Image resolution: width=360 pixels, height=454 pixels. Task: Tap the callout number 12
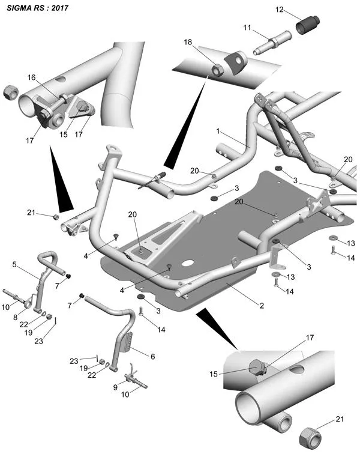coord(280,10)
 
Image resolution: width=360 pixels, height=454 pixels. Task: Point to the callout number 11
coord(247,28)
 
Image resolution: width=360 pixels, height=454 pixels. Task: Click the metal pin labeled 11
coord(271,45)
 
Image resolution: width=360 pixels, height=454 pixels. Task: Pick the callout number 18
coord(188,42)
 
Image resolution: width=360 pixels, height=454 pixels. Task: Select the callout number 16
coord(31,77)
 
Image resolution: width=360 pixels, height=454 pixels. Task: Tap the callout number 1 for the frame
coord(219,130)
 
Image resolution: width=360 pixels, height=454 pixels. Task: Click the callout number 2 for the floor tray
coord(262,305)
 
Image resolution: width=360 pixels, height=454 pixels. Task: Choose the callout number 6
coord(153,356)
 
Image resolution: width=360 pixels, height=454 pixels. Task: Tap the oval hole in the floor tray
coord(187,263)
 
